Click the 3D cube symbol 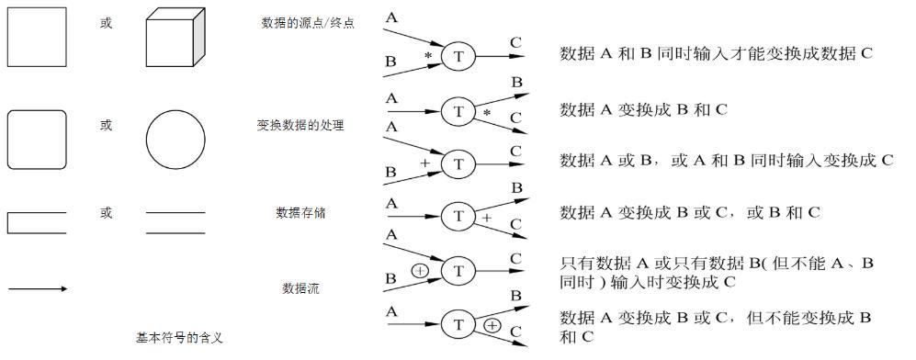coord(175,38)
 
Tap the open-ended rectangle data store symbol coord(7,223)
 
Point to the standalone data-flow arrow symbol coord(38,288)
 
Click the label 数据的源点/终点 coord(308,23)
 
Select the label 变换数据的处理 coord(300,125)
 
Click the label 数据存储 coord(300,213)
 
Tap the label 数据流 coord(300,288)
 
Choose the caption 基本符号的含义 coord(180,337)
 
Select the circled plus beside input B coord(420,271)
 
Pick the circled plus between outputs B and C coord(492,326)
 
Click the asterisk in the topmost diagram coord(428,55)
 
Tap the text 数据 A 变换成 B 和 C coord(643,109)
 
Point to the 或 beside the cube coord(106,23)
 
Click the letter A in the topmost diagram coord(391,18)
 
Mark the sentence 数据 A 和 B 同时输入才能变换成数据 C coord(717,53)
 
